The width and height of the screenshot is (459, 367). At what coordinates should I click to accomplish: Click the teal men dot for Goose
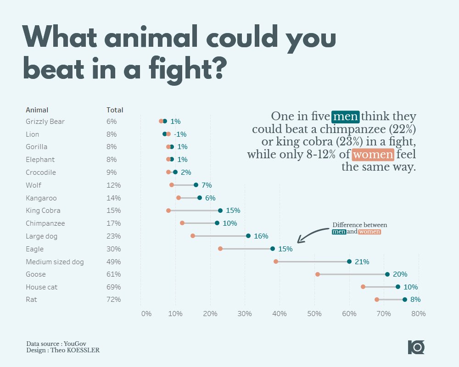click(387, 274)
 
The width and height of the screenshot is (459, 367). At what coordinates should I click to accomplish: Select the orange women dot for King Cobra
click(168, 211)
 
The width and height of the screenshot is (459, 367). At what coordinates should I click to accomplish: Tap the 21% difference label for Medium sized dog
click(362, 261)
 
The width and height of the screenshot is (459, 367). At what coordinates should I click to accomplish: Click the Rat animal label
click(31, 300)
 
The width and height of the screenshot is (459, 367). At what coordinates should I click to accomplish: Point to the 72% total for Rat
click(113, 300)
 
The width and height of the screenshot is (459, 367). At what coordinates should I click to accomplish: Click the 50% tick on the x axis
click(314, 314)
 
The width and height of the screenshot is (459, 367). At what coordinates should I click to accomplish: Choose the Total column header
click(115, 110)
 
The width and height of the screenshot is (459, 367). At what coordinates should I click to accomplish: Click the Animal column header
click(37, 110)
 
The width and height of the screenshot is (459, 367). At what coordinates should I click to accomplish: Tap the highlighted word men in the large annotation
click(346, 117)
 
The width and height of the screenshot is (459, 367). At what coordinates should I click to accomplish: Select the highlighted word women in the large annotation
click(373, 155)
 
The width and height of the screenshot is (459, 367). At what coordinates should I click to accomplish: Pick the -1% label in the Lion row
click(180, 134)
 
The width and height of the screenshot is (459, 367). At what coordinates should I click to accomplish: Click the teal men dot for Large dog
click(248, 236)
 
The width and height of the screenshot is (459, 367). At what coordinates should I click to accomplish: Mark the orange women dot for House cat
click(363, 287)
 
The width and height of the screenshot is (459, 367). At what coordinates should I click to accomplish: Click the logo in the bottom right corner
click(416, 347)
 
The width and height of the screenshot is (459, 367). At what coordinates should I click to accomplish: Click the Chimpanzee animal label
click(45, 223)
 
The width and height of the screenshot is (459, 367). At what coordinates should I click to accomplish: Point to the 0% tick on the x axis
click(146, 314)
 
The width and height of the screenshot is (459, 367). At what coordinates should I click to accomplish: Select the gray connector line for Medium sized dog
click(312, 261)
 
